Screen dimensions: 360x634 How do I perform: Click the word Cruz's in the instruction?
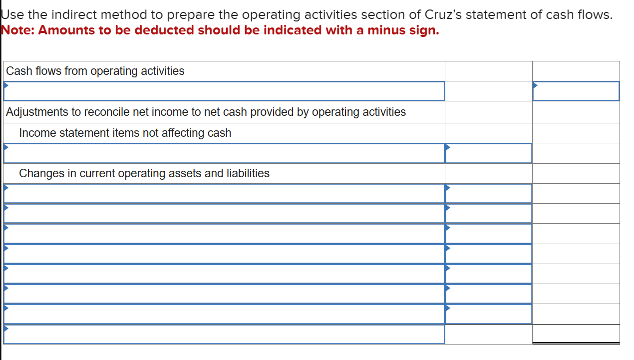click(x=443, y=14)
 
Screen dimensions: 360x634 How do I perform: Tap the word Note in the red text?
click(x=17, y=30)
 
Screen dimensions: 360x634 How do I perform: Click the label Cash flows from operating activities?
click(x=95, y=71)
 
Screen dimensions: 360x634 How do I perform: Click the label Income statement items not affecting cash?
click(x=125, y=133)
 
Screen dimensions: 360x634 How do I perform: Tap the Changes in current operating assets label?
click(x=144, y=173)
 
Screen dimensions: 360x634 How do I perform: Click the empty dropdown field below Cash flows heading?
click(x=224, y=91)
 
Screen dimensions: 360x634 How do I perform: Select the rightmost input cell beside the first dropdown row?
click(x=576, y=91)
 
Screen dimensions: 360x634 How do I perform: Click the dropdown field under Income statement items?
click(x=224, y=153)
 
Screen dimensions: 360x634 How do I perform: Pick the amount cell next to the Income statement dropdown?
click(x=488, y=153)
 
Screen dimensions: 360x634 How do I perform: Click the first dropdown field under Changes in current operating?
click(x=224, y=193)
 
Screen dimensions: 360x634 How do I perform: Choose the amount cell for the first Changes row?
click(x=488, y=193)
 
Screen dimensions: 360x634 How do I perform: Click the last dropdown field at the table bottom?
click(x=224, y=334)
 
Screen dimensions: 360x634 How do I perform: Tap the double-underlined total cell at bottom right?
click(x=576, y=334)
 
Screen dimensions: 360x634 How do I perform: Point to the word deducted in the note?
click(x=164, y=30)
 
